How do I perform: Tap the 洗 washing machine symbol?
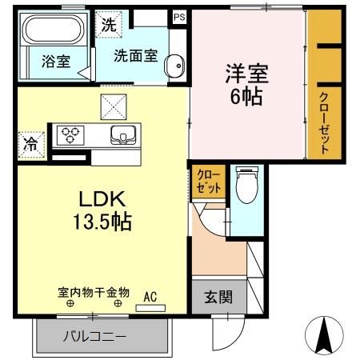107,23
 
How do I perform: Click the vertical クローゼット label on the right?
325,122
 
